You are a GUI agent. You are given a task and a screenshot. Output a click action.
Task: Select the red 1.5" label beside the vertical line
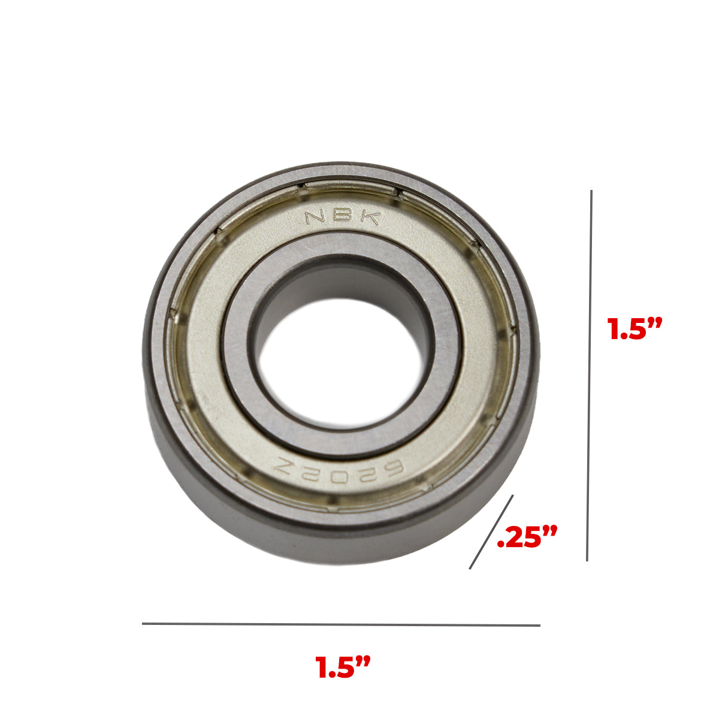(635, 329)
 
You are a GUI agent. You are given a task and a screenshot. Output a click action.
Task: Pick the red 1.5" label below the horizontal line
(343, 667)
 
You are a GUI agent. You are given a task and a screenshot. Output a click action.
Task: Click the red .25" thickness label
(527, 537)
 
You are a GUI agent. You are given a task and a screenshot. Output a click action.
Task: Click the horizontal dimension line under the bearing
(341, 624)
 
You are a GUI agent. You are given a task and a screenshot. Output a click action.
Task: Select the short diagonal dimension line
(491, 531)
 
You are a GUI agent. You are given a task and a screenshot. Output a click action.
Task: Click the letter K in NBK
(371, 217)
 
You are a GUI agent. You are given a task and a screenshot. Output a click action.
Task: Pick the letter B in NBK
(343, 215)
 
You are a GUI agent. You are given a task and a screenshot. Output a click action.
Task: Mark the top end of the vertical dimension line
(591, 192)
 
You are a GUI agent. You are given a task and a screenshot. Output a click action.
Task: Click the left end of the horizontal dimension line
(143, 624)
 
